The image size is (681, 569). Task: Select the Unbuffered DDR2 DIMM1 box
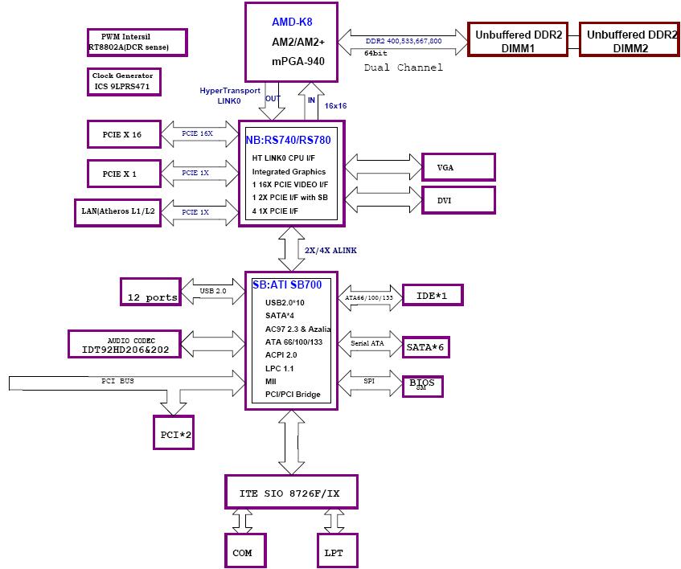[519, 41]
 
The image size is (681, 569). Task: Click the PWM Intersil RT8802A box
[137, 43]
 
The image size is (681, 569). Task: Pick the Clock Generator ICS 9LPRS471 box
[125, 80]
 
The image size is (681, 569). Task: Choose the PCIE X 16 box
[125, 134]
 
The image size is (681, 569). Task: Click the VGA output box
[458, 167]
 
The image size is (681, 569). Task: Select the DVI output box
[458, 199]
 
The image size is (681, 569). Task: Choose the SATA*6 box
[426, 347]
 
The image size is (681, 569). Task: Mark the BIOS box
[422, 385]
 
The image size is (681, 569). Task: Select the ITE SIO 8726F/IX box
[290, 490]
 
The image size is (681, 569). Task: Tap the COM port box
[243, 551]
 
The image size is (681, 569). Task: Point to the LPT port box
[335, 551]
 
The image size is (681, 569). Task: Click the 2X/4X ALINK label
[330, 250]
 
